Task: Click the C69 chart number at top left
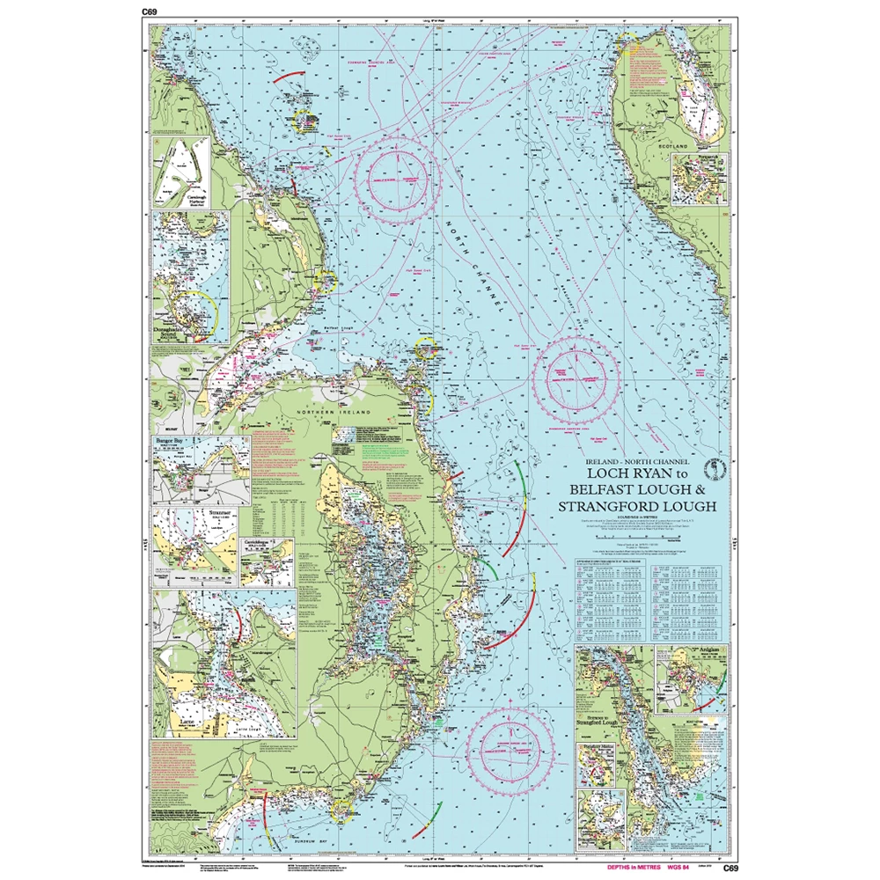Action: pos(149,11)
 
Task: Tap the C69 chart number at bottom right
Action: pos(730,869)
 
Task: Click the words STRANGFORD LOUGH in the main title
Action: pos(637,505)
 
